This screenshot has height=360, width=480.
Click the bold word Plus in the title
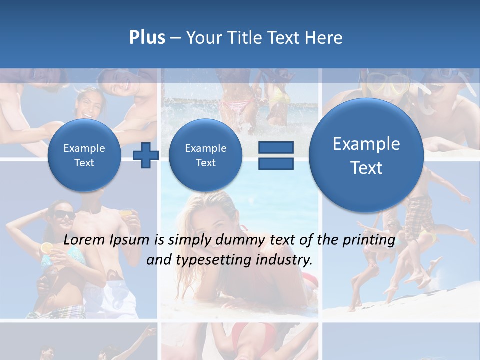pyautogui.click(x=147, y=37)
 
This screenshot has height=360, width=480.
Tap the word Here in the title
pyautogui.click(x=324, y=37)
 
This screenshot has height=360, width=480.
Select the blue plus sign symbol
pyautogui.click(x=146, y=155)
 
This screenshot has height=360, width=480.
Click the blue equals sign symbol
pyautogui.click(x=275, y=155)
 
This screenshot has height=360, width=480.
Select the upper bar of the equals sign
pyautogui.click(x=275, y=147)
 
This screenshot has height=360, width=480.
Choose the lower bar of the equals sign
pyautogui.click(x=275, y=163)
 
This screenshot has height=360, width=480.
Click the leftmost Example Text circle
pyautogui.click(x=84, y=155)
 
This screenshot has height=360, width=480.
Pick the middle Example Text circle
pyautogui.click(x=205, y=155)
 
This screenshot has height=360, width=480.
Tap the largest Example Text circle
pyautogui.click(x=366, y=155)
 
